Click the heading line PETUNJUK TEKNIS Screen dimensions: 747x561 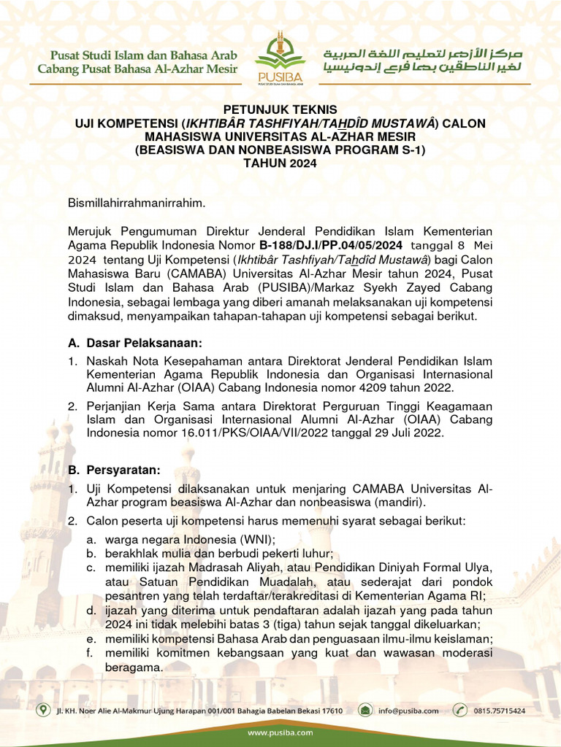280,109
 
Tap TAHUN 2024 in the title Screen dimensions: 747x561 280,164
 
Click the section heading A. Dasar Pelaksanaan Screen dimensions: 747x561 134,343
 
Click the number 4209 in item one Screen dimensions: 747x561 387,387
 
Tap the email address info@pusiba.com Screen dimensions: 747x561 408,710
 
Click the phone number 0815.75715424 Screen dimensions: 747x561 500,710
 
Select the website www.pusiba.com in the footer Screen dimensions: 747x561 280,732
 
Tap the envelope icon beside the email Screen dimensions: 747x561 365,710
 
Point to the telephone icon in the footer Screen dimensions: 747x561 460,710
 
